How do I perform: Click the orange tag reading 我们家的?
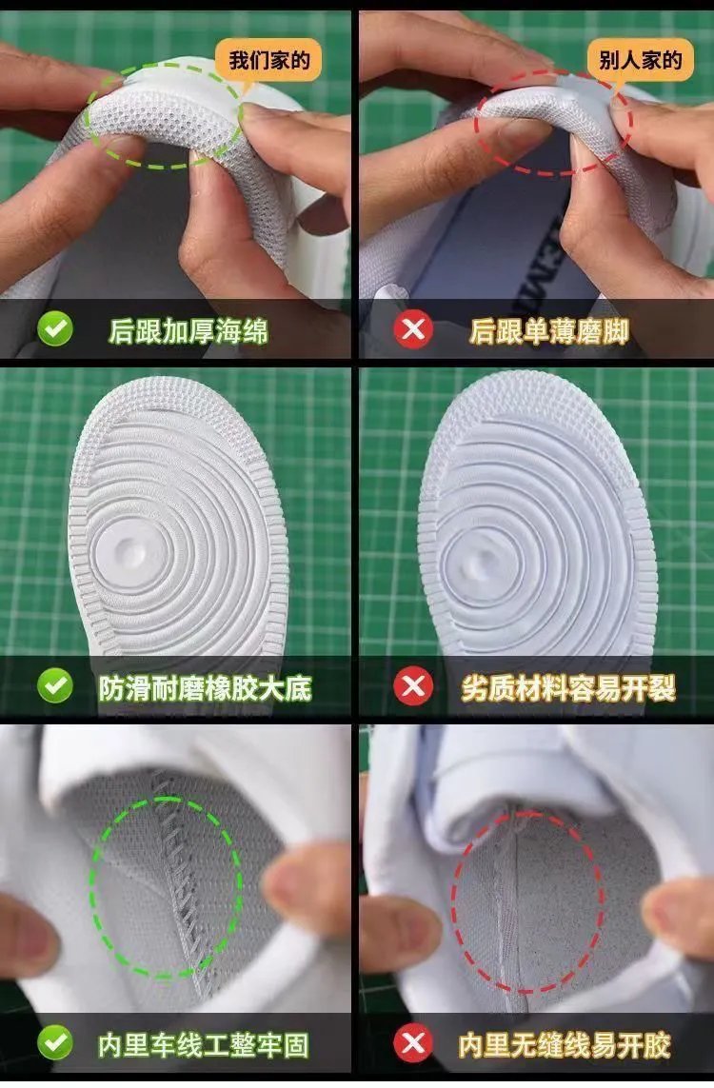[x=268, y=60]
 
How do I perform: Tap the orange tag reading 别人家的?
[x=640, y=60]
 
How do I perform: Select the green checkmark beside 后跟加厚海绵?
[x=55, y=329]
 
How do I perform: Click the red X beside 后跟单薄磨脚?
[x=413, y=329]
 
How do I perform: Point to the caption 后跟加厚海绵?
[x=188, y=331]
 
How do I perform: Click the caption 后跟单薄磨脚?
[x=549, y=331]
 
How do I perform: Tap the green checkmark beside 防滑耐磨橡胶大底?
[x=55, y=686]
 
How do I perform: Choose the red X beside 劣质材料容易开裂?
[x=413, y=686]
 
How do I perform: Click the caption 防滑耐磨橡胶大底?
[x=205, y=688]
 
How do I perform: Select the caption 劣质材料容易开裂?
[x=568, y=688]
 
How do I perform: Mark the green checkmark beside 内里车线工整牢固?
[x=55, y=1043]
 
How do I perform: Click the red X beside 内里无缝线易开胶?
[x=413, y=1043]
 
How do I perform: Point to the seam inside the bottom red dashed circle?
[x=512, y=902]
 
